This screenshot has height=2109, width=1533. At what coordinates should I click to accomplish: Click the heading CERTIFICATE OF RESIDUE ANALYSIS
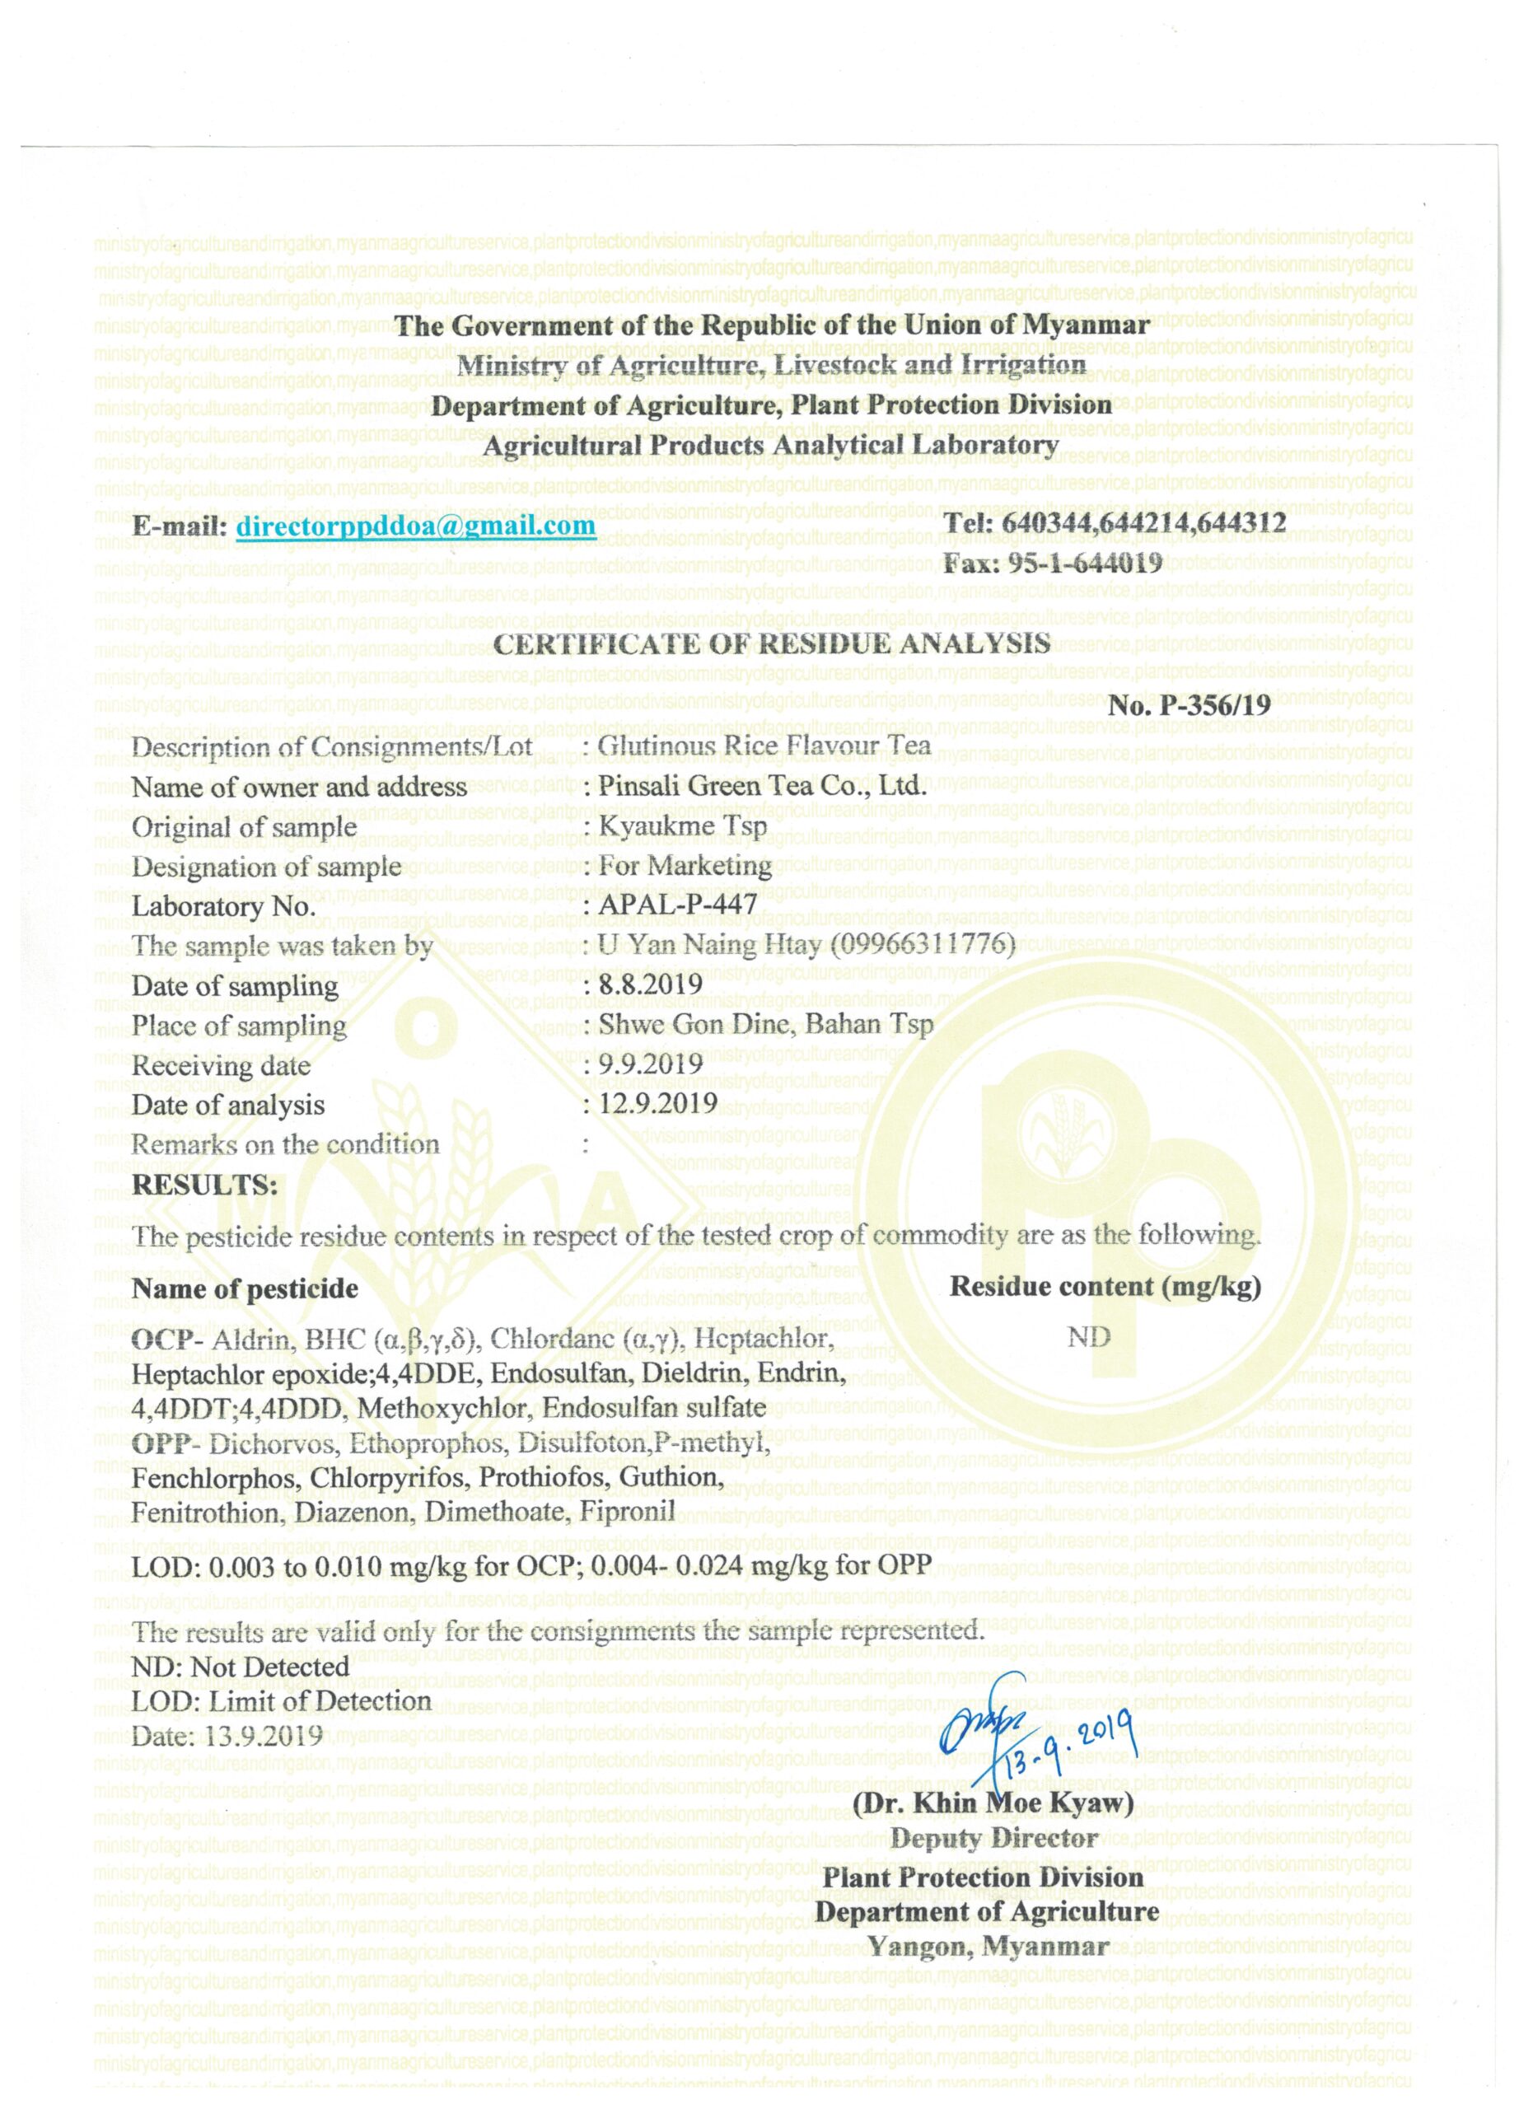click(x=772, y=643)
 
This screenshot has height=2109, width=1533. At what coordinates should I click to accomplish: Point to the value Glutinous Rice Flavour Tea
click(x=764, y=746)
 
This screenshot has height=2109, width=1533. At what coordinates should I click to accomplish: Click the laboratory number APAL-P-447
click(x=677, y=904)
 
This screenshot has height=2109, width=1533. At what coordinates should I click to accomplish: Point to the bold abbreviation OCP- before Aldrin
click(x=167, y=1340)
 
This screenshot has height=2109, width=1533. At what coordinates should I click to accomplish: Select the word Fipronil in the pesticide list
click(x=628, y=1511)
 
